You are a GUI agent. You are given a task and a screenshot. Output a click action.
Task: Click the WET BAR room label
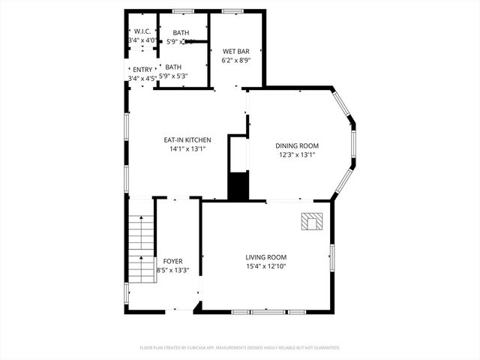coord(235,51)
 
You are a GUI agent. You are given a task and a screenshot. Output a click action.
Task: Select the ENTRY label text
coord(142,70)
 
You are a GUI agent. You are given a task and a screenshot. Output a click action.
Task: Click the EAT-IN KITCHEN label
coord(187,140)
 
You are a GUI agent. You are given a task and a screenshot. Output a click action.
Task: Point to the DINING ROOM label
coord(298,146)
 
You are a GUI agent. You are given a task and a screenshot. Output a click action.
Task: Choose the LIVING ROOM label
coord(266,256)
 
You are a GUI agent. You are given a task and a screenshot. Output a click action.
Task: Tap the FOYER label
coord(172,261)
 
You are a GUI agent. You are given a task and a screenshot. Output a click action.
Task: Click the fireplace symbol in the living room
coord(312,221)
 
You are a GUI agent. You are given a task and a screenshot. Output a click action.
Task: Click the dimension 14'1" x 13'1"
coord(187,149)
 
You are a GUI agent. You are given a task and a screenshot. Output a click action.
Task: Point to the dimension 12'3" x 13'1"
coord(298,155)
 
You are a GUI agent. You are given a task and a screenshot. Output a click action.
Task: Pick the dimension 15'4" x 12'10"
coord(266,265)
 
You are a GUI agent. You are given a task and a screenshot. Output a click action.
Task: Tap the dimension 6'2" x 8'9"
coord(235,60)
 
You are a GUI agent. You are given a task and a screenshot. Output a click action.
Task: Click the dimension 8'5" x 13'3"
coord(172,270)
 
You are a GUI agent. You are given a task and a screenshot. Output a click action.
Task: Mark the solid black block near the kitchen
coord(238,186)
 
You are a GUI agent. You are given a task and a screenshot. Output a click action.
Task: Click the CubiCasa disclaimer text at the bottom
coord(240,348)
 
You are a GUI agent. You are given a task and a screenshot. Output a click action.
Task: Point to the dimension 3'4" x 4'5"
coord(142,78)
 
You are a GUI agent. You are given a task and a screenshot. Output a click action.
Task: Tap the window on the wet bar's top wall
coord(232,11)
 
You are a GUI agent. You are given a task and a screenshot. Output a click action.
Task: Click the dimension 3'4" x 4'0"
coord(142,40)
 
